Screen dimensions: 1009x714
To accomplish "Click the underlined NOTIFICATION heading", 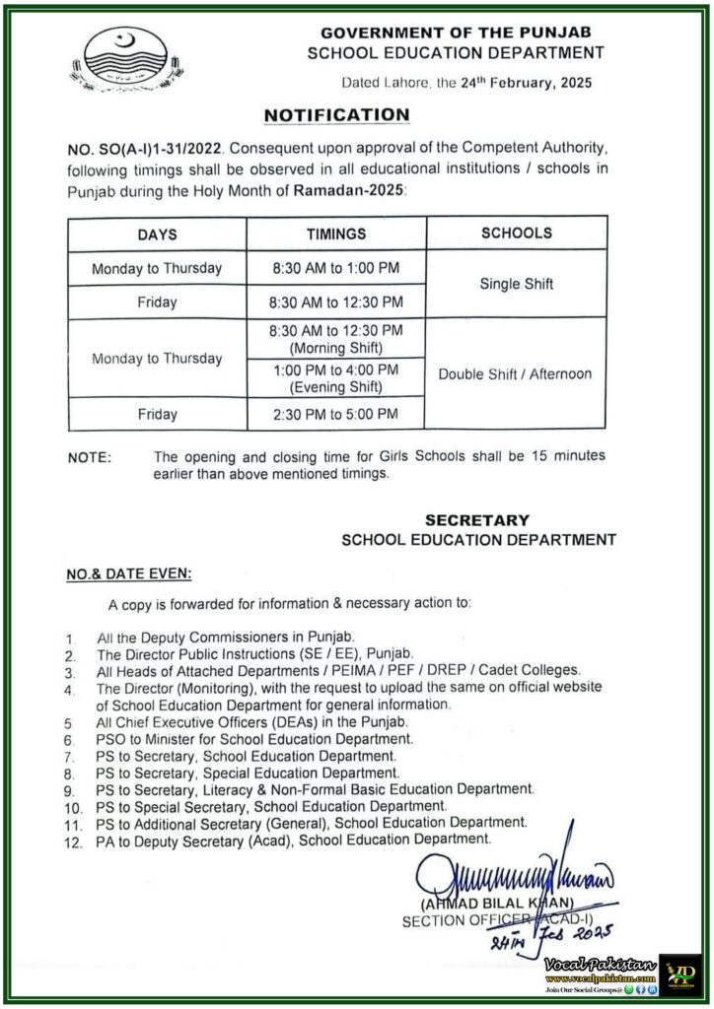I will click(x=336, y=115).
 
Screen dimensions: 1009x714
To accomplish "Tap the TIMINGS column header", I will click(x=335, y=235).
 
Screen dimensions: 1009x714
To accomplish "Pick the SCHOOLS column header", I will click(x=516, y=234).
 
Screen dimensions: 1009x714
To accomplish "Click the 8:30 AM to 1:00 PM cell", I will click(x=335, y=268).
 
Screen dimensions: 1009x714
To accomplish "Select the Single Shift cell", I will click(x=516, y=284).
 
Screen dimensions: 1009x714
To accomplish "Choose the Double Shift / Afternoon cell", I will click(x=516, y=373).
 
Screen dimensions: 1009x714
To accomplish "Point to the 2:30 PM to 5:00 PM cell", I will click(x=335, y=414).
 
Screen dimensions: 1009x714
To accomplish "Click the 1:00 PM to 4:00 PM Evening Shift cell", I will click(x=335, y=378).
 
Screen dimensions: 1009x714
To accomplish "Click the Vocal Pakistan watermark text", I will click(x=602, y=962).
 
